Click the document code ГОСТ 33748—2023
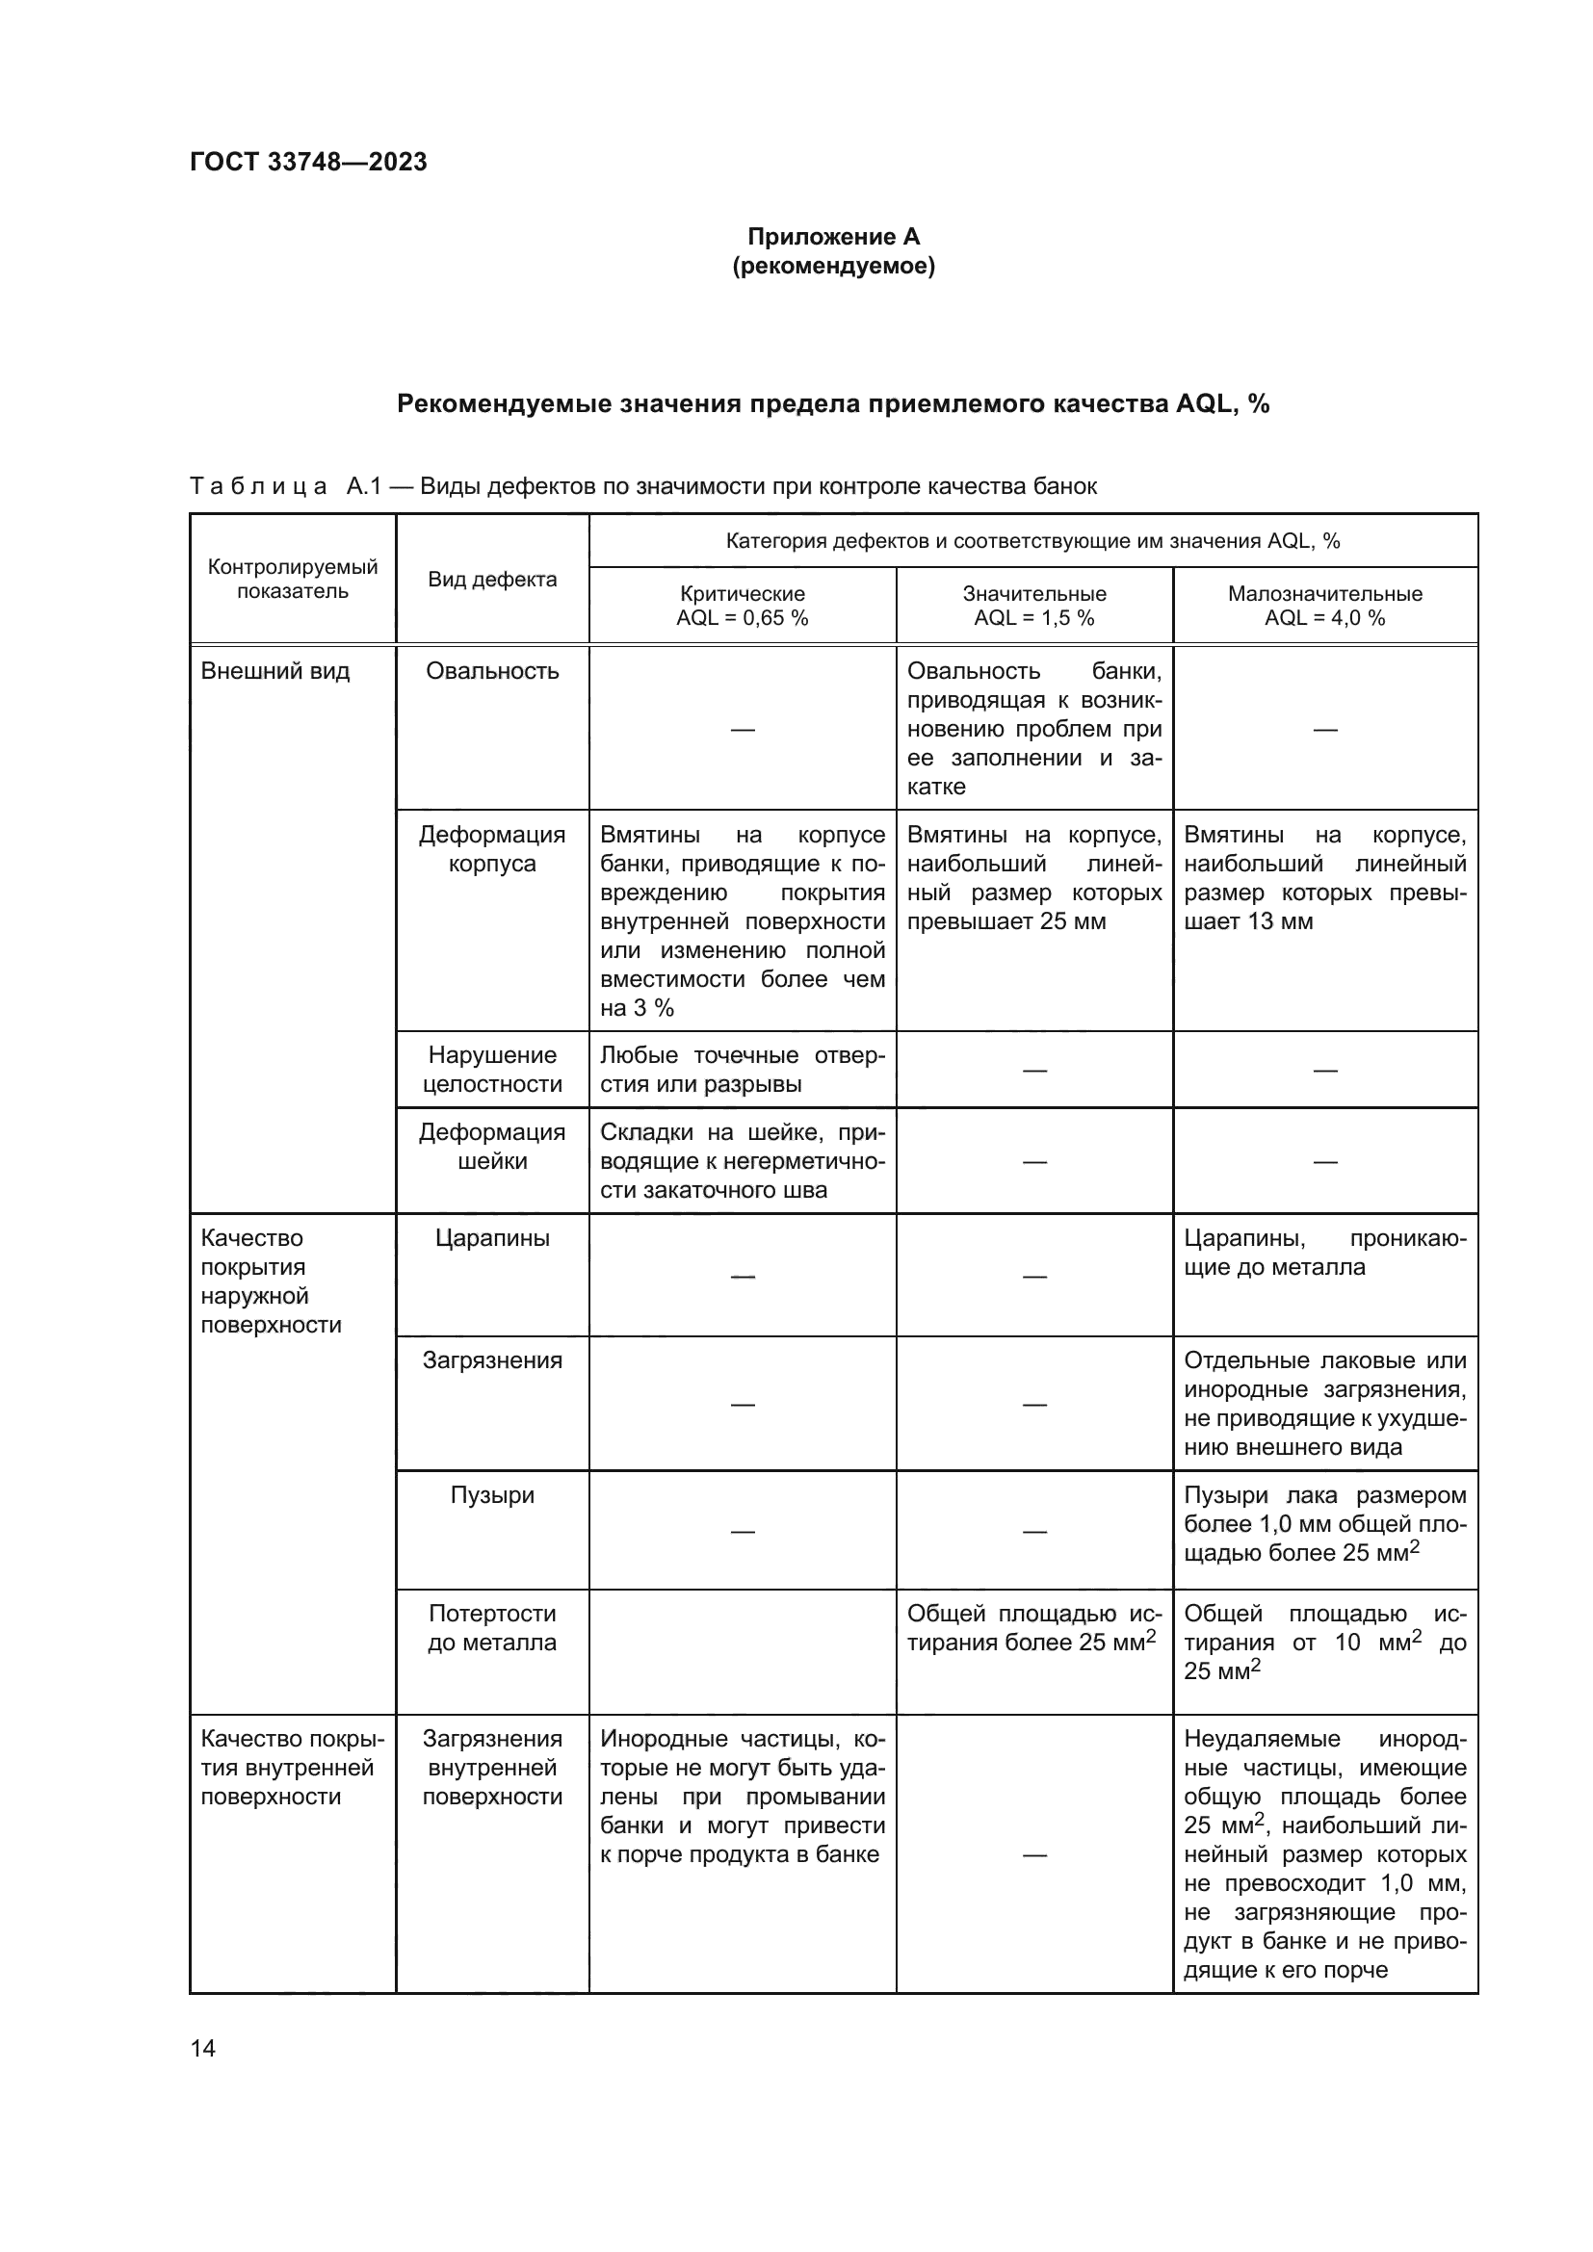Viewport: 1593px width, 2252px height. [308, 162]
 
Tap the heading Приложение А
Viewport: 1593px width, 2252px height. [833, 237]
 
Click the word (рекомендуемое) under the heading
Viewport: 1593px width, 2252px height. [833, 266]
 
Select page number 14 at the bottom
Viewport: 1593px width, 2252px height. [202, 2048]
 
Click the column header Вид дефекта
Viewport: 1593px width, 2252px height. [491, 579]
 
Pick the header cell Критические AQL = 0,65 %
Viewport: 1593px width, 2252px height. [742, 606]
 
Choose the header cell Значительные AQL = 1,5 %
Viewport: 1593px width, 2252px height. [1033, 606]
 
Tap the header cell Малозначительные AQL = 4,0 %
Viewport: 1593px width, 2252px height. [1324, 606]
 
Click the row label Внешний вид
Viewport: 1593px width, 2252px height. [274, 671]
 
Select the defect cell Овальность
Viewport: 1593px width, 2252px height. [491, 671]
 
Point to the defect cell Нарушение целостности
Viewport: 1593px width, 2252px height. [491, 1069]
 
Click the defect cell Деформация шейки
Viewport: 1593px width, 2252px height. [491, 1146]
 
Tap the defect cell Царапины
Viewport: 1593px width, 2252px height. [491, 1238]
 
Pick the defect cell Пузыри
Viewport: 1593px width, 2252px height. [491, 1495]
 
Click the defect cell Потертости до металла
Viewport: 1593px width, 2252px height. [491, 1627]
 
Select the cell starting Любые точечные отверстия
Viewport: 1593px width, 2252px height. [742, 1069]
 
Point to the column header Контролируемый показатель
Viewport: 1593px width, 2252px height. [293, 579]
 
